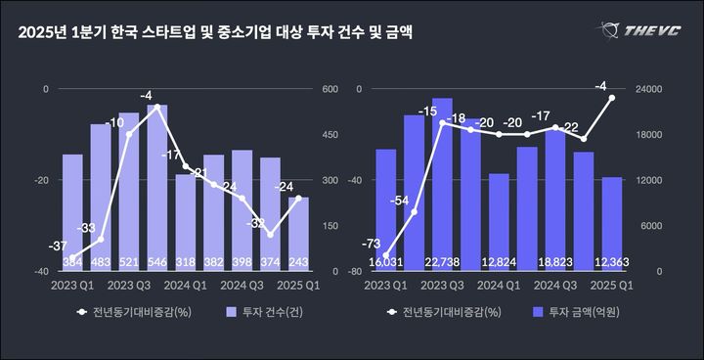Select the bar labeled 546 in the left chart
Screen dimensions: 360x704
[157, 186]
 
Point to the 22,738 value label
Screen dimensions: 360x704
[442, 262]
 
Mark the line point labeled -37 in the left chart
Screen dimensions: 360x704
[72, 257]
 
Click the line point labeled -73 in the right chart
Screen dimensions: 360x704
[385, 255]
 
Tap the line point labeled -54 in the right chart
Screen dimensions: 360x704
[414, 212]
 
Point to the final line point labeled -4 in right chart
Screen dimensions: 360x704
[612, 98]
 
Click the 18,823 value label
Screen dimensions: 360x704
[555, 262]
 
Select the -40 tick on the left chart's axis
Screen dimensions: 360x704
[42, 271]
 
